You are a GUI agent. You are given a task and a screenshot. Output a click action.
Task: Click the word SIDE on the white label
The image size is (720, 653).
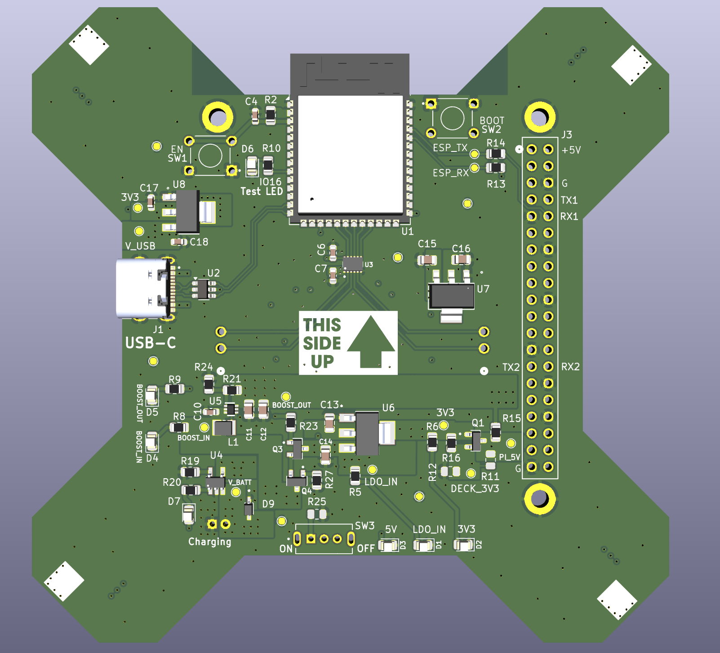(322, 343)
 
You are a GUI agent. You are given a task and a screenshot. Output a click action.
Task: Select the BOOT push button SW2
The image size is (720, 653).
(452, 119)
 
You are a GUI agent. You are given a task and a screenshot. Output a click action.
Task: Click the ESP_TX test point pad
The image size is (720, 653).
(474, 154)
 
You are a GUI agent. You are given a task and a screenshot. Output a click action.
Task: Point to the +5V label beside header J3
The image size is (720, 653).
(571, 150)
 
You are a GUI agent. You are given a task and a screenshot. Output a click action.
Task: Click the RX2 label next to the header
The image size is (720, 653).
(570, 367)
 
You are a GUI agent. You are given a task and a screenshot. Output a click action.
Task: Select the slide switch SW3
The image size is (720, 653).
(324, 538)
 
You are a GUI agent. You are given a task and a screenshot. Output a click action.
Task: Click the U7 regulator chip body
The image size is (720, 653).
(451, 296)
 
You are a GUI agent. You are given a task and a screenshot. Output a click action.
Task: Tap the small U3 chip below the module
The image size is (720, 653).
(353, 264)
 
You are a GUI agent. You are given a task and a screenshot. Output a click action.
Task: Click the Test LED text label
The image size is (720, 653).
(262, 191)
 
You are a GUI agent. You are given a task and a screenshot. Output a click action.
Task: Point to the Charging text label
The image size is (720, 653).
(209, 542)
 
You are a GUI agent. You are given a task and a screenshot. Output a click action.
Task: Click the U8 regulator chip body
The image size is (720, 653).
(187, 211)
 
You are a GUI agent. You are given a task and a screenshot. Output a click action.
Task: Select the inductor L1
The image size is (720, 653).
(223, 428)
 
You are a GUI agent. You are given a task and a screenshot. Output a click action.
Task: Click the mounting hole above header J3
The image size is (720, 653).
(539, 117)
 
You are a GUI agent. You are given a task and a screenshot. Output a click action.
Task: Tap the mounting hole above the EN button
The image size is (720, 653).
(218, 117)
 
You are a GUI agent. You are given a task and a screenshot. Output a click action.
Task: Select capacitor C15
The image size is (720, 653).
(427, 260)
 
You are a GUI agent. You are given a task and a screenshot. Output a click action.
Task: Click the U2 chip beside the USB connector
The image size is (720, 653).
(203, 289)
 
